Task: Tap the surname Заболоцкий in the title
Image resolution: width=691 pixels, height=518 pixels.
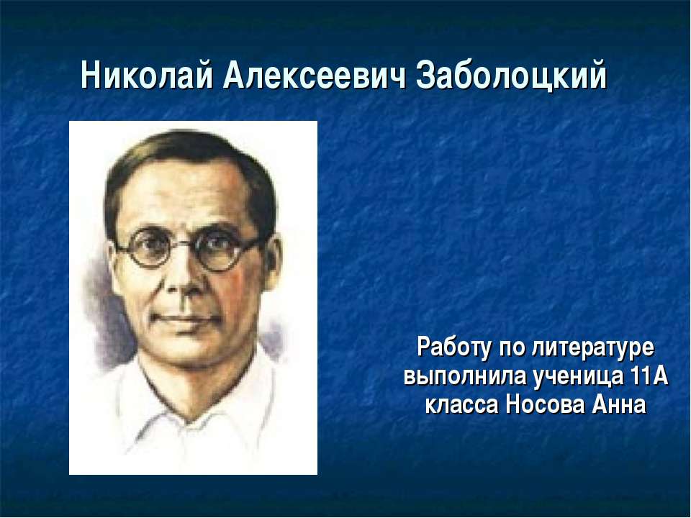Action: tap(512, 76)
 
